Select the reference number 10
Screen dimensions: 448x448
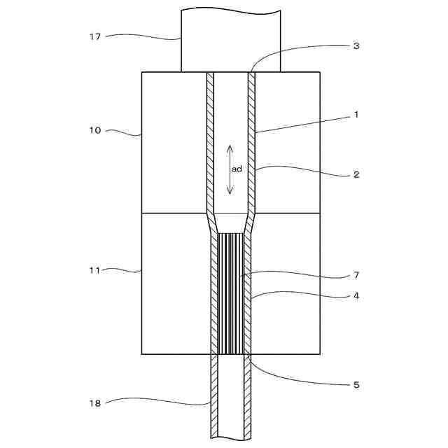click(96, 130)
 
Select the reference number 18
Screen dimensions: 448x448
click(96, 403)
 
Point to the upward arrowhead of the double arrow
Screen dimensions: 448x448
click(230, 147)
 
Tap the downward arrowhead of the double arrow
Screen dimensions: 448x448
click(230, 192)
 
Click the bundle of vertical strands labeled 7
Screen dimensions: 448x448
click(230, 294)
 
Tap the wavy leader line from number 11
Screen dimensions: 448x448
click(126, 269)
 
